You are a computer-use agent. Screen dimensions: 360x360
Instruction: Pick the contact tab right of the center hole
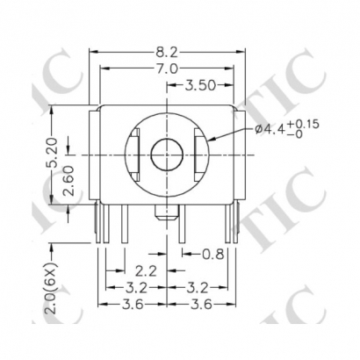197,155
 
